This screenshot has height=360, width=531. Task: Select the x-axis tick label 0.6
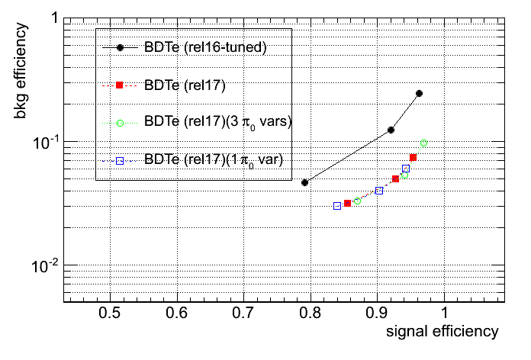(177, 313)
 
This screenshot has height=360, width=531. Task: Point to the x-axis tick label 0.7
(243, 313)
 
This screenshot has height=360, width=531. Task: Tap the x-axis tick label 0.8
(310, 313)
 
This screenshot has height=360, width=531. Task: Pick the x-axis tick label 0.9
(376, 313)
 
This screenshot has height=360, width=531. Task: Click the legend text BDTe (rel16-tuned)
(204, 48)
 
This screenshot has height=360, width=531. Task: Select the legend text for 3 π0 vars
(218, 121)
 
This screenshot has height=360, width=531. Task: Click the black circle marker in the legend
(120, 48)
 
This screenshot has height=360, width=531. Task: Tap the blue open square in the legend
(120, 159)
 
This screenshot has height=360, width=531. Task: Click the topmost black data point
(419, 93)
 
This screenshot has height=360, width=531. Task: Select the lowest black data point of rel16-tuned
(304, 182)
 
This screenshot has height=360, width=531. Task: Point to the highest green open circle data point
(423, 143)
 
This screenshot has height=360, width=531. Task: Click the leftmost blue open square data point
(337, 206)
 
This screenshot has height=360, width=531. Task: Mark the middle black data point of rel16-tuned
(391, 130)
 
